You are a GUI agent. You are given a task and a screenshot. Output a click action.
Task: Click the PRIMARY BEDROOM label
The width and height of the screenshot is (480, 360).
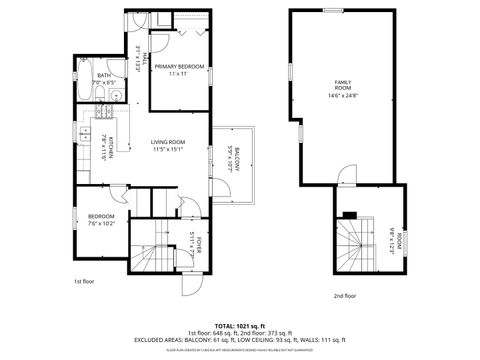pos(179,66)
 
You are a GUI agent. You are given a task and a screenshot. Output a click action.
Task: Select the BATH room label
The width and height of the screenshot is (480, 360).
pos(104,75)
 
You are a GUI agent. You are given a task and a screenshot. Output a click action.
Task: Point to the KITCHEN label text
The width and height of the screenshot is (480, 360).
pos(111,146)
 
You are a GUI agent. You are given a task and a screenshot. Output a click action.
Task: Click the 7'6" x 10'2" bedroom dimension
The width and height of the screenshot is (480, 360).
pos(101,224)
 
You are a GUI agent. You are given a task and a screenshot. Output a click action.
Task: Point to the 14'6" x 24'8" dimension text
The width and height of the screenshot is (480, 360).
pos(343,96)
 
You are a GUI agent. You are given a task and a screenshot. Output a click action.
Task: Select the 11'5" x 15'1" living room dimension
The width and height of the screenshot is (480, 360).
pos(172,150)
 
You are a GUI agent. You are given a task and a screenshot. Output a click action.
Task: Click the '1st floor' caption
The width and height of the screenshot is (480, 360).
pos(84,283)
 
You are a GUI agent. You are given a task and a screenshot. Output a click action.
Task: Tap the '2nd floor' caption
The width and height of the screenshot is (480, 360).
pos(344,296)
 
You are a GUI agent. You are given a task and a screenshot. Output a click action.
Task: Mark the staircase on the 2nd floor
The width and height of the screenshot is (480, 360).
pos(352,244)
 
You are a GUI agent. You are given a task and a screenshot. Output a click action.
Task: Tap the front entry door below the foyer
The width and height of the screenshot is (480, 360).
pos(186,279)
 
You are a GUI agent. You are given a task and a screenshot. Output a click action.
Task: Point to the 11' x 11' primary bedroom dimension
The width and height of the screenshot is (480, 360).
pos(179,74)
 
